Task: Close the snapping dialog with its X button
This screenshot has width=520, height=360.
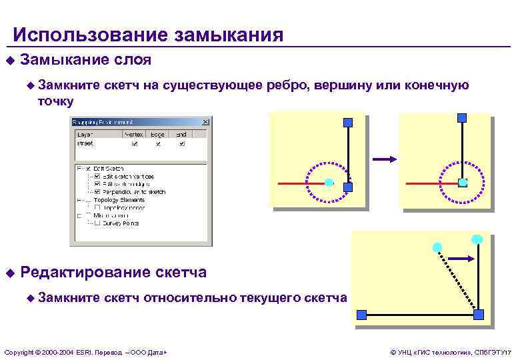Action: click(x=205, y=123)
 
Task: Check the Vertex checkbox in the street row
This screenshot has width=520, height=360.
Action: click(x=135, y=143)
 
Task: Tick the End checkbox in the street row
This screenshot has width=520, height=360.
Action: click(x=181, y=143)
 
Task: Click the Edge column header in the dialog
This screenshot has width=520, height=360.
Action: click(x=157, y=134)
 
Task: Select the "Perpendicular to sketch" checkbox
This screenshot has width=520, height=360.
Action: click(x=97, y=191)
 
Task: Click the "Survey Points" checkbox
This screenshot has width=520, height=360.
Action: click(x=97, y=223)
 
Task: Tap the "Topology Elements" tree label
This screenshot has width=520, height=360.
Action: click(x=119, y=199)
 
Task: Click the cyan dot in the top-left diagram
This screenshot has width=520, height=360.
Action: click(x=329, y=181)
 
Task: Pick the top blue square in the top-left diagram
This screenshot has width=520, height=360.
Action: click(x=347, y=121)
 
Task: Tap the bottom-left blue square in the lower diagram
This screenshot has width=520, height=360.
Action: click(x=361, y=314)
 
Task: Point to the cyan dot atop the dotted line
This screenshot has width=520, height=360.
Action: click(x=437, y=247)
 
